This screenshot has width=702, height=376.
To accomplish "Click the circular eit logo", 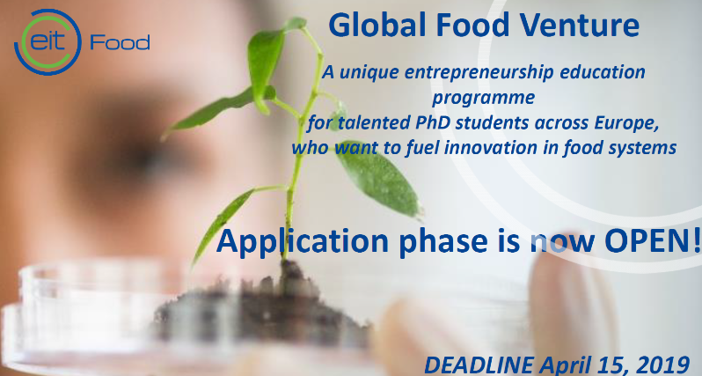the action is [48, 42].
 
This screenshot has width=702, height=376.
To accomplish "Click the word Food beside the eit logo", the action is [120, 42].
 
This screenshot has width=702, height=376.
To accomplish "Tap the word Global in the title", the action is [377, 26].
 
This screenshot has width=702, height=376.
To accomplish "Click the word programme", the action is [484, 98].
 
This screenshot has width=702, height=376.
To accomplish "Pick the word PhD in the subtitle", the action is [433, 123].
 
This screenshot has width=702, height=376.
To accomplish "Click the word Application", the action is [303, 242].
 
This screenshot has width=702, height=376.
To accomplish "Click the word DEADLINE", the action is [479, 365].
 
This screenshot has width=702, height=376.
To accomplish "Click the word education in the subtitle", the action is [603, 72].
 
